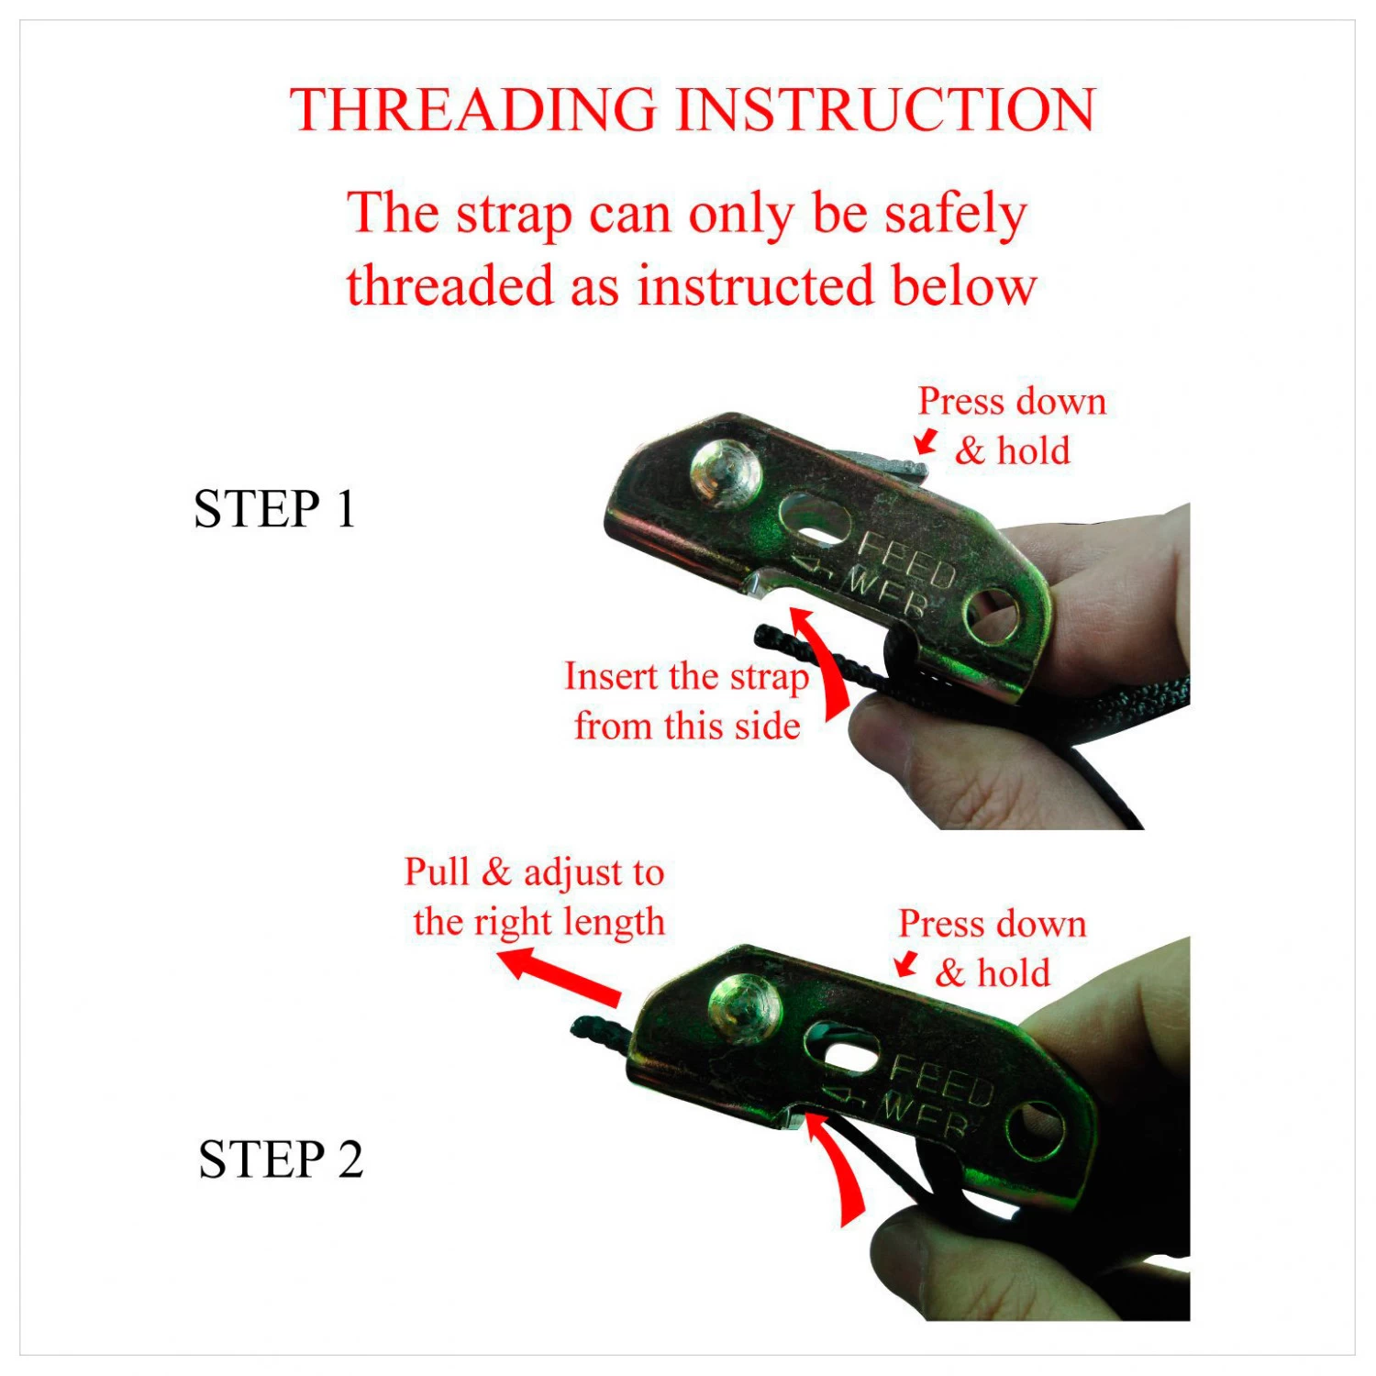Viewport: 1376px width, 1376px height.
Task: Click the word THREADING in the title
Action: [x=473, y=110]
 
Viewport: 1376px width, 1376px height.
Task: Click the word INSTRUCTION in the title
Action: [x=885, y=110]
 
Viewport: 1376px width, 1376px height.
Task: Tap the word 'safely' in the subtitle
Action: [x=954, y=214]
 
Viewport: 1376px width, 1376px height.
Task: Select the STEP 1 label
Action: [x=274, y=509]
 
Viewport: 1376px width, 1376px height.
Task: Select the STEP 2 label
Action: [x=280, y=1160]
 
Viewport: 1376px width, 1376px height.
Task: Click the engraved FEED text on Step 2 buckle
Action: [x=941, y=1080]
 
